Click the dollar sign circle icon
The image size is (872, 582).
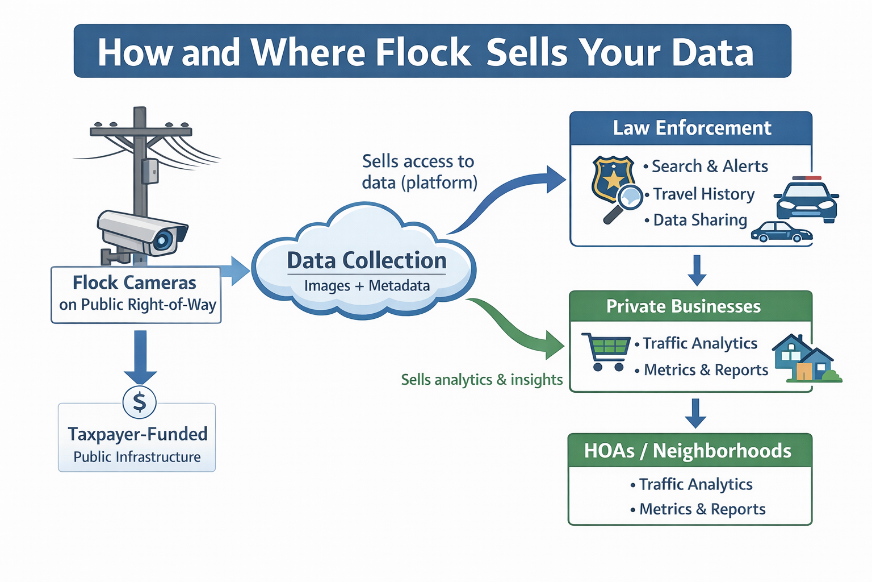[x=140, y=402]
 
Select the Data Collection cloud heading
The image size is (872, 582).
[x=366, y=260]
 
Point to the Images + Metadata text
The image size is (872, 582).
[x=367, y=285]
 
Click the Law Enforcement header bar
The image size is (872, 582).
[x=691, y=128]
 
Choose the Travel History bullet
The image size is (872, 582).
[x=703, y=194]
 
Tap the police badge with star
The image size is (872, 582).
[x=612, y=178]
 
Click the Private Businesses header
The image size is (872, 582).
[x=683, y=306]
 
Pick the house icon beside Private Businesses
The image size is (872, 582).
[x=804, y=358]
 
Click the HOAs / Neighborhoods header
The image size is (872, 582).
[x=687, y=451]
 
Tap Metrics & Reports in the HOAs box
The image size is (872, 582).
[x=702, y=509]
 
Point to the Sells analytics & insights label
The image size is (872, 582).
[x=481, y=380]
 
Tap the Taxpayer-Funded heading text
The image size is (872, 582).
[x=137, y=434]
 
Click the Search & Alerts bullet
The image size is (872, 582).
[x=709, y=166]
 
